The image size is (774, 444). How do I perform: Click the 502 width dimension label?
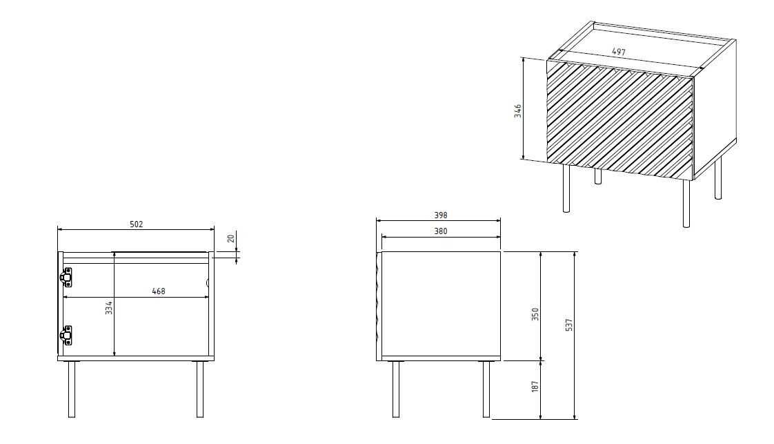pos(137,224)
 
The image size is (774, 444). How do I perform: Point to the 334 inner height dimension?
pos(109,308)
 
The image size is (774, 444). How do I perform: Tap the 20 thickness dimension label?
pos(231,240)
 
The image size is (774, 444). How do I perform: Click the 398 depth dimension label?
pos(440,215)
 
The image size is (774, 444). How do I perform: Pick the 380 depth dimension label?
pos(440,231)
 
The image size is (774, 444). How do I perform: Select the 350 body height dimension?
pos(535,314)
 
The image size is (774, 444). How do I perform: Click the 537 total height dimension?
pos(568,325)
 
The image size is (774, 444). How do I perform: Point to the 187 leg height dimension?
pos(535,387)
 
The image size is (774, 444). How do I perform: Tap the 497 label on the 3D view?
pos(619,52)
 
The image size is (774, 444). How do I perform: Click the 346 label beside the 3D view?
pos(517,110)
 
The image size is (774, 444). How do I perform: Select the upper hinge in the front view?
pos(67,277)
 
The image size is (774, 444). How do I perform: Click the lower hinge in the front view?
pos(67,335)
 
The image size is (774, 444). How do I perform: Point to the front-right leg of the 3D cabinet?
pos(686,203)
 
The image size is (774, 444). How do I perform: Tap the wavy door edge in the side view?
pos(377,304)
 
